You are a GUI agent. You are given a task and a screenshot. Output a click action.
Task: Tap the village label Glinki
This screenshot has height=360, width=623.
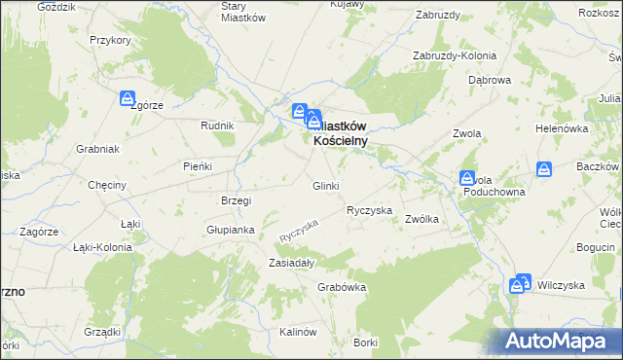point(325,186)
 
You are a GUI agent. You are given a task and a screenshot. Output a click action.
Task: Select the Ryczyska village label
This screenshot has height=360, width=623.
point(369,210)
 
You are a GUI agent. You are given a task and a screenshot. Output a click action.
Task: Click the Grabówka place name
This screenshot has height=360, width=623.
point(341,287)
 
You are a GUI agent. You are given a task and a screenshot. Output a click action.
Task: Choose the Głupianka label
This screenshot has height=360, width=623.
point(230,231)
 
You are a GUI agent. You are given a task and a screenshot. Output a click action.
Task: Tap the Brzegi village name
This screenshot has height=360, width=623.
point(237,200)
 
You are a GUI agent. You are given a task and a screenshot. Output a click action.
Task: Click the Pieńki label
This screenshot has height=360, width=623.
point(198,166)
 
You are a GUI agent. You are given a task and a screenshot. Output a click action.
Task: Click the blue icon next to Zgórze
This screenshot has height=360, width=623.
point(128,99)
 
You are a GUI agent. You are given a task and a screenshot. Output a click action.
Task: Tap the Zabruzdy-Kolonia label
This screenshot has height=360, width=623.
point(455,55)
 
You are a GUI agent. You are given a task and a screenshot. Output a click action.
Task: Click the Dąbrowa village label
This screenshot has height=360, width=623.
point(489,80)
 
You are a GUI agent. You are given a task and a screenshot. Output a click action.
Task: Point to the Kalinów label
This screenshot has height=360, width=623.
point(299,332)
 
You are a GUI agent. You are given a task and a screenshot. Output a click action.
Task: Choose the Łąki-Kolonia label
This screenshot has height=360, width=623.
point(102,247)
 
